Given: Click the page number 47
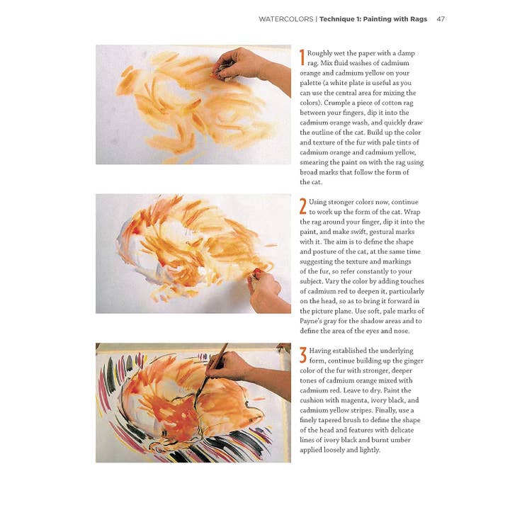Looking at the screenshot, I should tap(441, 19).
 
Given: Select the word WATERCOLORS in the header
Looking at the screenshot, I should tap(285, 19).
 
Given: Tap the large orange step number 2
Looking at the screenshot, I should tap(302, 206).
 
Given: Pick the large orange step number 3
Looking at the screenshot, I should tap(302, 354).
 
